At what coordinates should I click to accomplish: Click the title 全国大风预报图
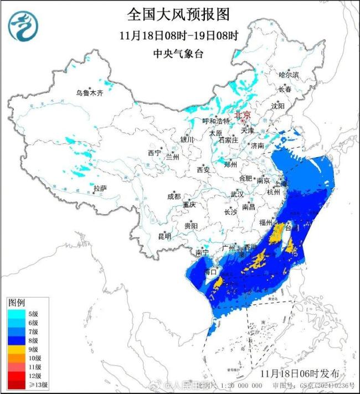tap(178, 13)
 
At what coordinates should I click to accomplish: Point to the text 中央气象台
tap(178, 54)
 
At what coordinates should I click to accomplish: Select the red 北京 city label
tap(243, 115)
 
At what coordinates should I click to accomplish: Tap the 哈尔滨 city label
tap(289, 74)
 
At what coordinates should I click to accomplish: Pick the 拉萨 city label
tap(100, 188)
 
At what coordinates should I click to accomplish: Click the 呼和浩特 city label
tap(215, 121)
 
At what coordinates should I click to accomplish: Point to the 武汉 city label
tap(236, 194)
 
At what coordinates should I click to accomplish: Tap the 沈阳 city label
tap(278, 105)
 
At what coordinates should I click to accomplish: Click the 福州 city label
tap(266, 222)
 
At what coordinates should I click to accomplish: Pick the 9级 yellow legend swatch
tap(15, 349)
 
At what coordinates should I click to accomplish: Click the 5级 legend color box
tap(15, 314)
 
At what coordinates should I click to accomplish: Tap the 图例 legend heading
tap(16, 303)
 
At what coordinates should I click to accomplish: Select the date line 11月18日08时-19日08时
tap(178, 35)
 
